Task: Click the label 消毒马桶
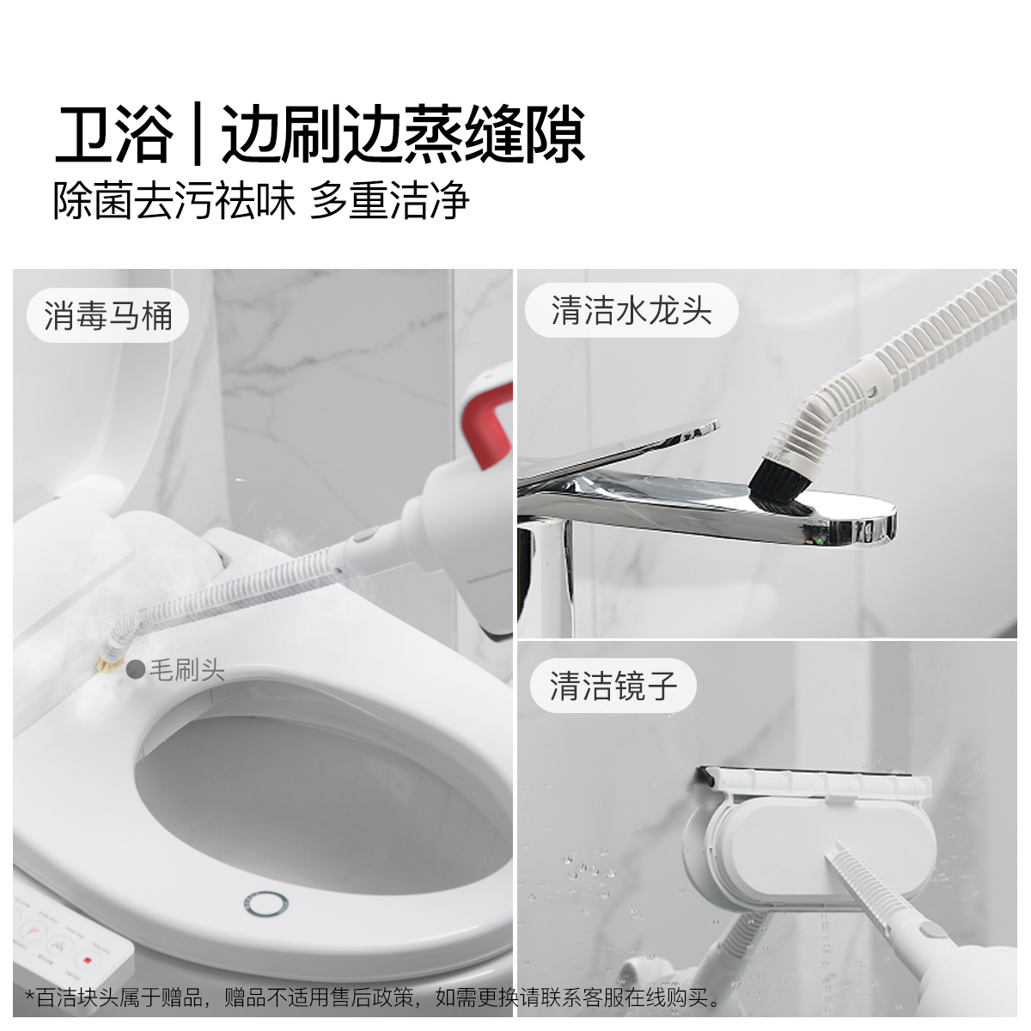[108, 315]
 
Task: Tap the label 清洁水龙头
[631, 310]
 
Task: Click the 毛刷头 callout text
[186, 669]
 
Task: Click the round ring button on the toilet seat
[265, 903]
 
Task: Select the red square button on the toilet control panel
[87, 961]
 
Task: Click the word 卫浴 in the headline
[113, 135]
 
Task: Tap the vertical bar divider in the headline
[197, 135]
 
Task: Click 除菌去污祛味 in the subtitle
[174, 201]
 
